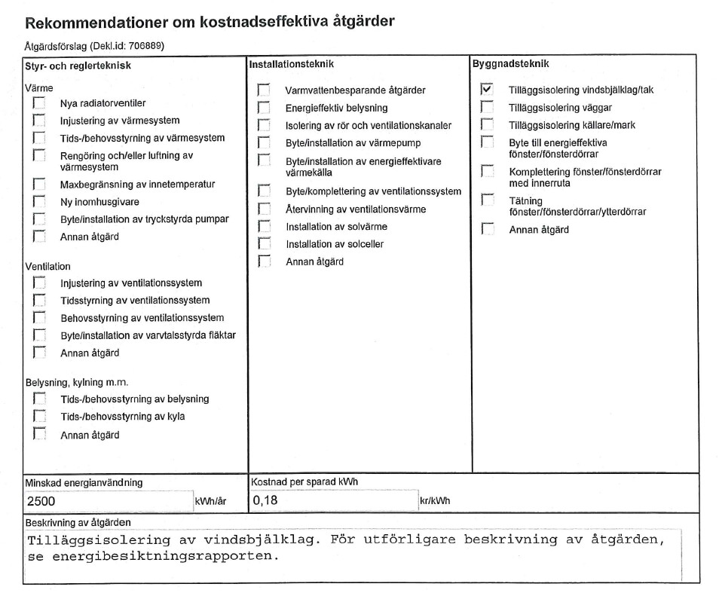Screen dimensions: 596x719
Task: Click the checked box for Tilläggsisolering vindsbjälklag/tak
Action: click(487, 90)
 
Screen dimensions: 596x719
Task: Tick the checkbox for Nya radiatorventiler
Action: click(39, 103)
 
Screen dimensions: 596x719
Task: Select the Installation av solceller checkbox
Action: click(264, 244)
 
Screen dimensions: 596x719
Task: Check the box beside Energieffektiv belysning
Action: click(264, 108)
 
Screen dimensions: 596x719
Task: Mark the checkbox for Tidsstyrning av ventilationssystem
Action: click(39, 301)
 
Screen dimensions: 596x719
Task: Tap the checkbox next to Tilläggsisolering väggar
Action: click(487, 107)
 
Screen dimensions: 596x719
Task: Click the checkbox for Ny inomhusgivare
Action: click(39, 202)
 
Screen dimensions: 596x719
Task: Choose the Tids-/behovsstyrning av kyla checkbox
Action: click(39, 417)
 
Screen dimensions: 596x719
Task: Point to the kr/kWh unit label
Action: click(435, 501)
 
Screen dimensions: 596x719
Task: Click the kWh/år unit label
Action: click(211, 501)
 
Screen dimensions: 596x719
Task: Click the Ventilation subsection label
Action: click(48, 267)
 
